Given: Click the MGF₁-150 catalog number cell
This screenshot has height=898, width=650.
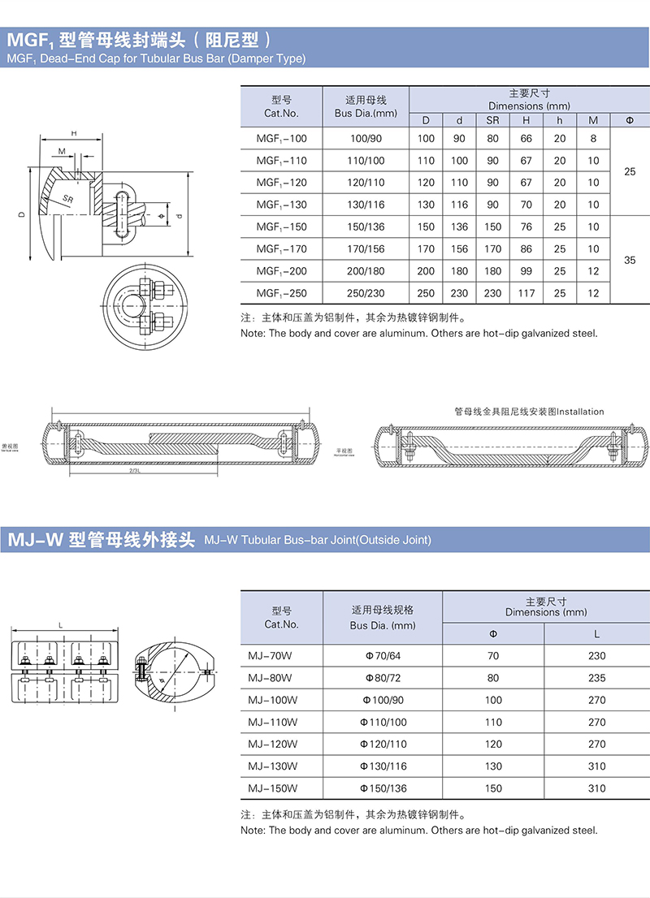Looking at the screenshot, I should [281, 227].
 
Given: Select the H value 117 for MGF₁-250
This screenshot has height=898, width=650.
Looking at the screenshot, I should [526, 293].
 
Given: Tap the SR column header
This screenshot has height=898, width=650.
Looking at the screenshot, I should [492, 120].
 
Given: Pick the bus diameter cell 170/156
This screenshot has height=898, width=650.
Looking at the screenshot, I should [366, 248].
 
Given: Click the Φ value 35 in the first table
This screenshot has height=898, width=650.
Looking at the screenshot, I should [630, 260].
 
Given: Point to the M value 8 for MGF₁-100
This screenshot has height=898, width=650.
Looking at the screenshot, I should [593, 139].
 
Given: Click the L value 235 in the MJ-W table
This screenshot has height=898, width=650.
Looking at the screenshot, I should [596, 677].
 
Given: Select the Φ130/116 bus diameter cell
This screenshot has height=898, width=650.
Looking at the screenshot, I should [383, 766].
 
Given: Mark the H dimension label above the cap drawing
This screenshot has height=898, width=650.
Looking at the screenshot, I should [73, 133].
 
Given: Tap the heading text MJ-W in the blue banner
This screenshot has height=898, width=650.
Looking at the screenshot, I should [34, 540].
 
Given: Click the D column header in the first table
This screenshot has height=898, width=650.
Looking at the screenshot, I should [426, 120].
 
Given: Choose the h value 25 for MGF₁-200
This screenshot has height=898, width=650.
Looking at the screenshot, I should [559, 271].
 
